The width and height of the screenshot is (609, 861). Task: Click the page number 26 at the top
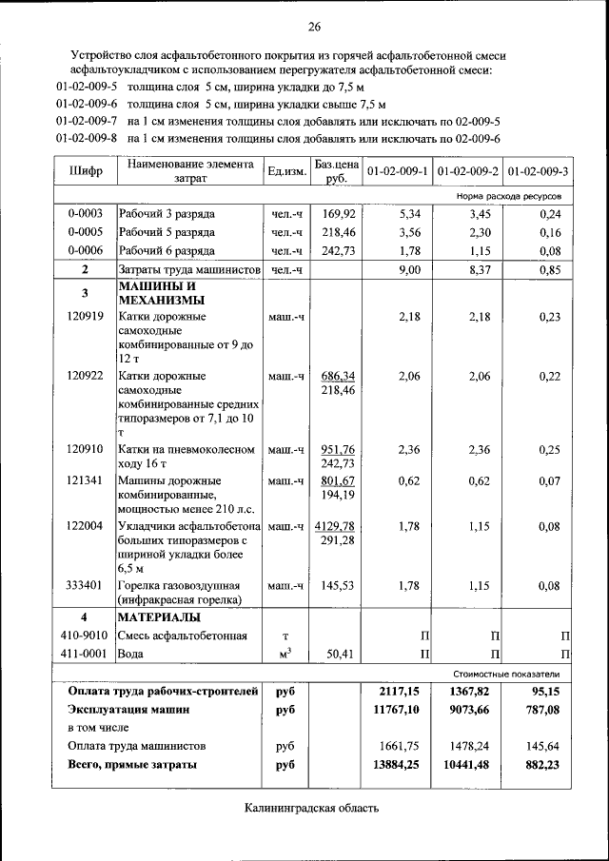click(x=314, y=25)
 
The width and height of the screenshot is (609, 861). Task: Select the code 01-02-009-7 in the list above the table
click(x=87, y=122)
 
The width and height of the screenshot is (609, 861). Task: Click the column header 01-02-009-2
click(x=468, y=171)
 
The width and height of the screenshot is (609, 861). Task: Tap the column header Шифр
click(x=86, y=171)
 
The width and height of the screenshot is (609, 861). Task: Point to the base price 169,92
click(x=339, y=213)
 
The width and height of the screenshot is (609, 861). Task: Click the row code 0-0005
click(x=86, y=232)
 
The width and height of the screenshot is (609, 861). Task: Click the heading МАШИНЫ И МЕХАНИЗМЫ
click(x=157, y=293)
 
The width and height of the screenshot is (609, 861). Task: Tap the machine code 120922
click(x=86, y=377)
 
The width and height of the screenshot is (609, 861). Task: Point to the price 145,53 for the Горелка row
click(x=339, y=586)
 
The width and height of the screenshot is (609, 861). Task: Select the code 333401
click(x=86, y=586)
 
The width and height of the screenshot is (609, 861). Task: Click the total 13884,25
click(x=398, y=764)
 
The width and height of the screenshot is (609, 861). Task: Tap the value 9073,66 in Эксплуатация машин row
click(x=467, y=709)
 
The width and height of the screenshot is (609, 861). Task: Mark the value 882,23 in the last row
click(x=541, y=764)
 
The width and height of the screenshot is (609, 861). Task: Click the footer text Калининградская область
click(x=311, y=809)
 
